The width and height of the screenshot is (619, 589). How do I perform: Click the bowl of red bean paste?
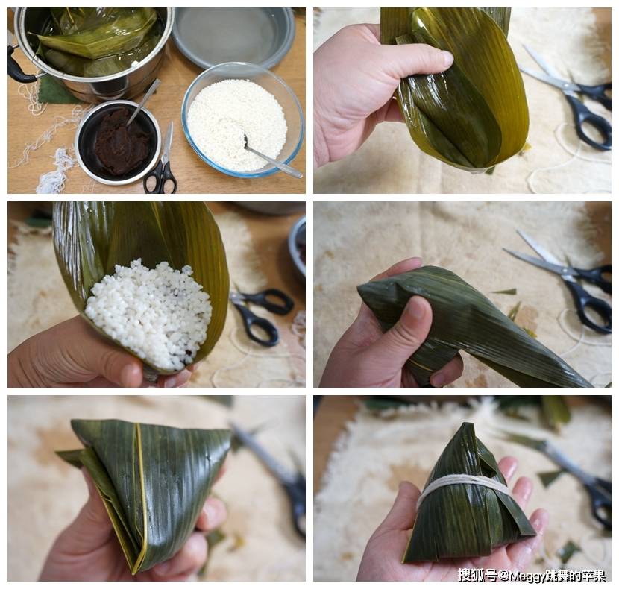click(118, 143)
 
